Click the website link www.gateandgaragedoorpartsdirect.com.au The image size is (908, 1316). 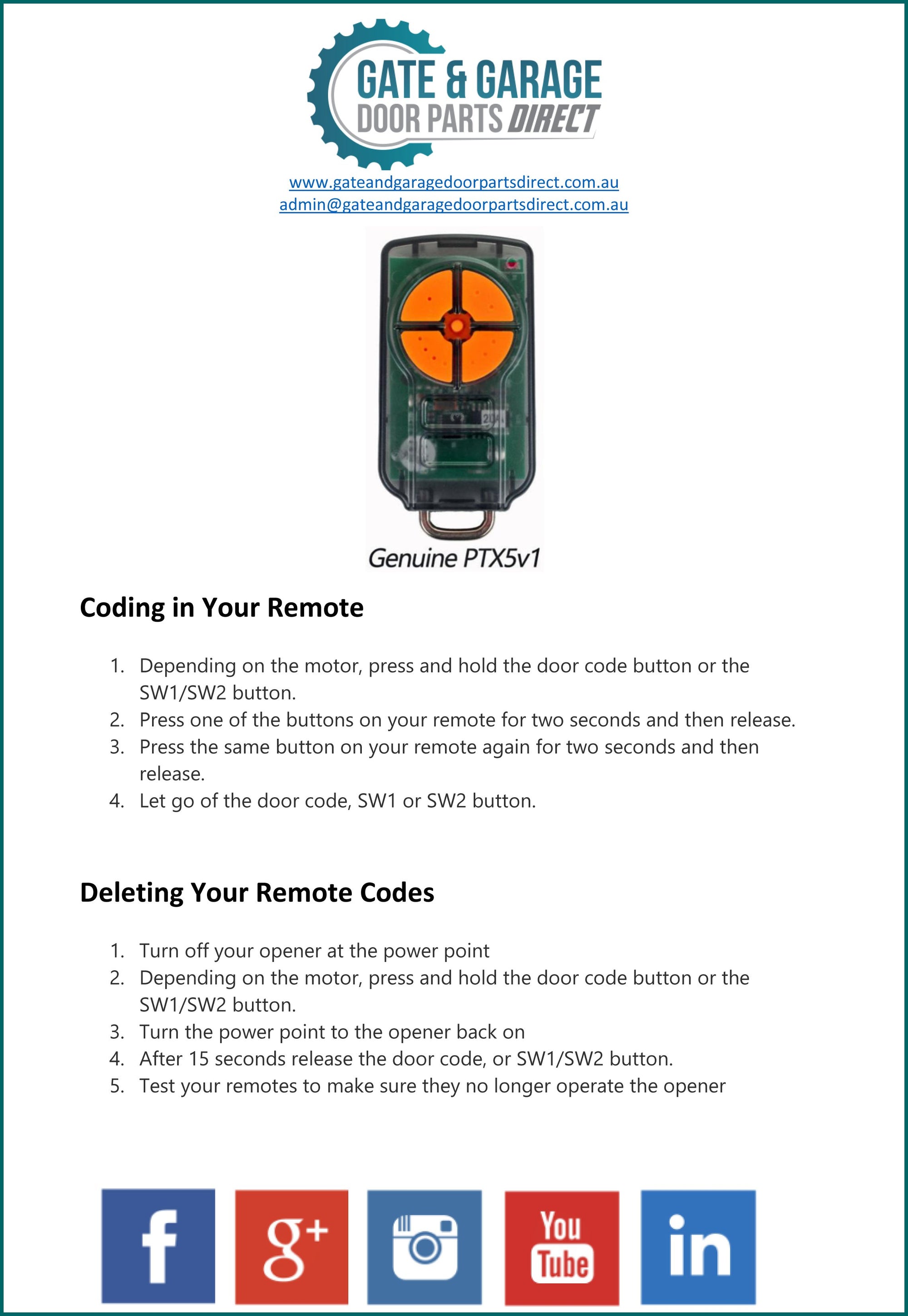pyautogui.click(x=454, y=182)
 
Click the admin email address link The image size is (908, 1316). pyautogui.click(x=454, y=205)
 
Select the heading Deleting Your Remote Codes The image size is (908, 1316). pyautogui.click(x=257, y=892)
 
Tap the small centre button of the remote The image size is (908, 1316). pyautogui.click(x=456, y=326)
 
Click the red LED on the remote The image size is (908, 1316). pyautogui.click(x=512, y=263)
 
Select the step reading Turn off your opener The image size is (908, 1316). pyautogui.click(x=314, y=951)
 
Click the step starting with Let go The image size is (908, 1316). pyautogui.click(x=337, y=801)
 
